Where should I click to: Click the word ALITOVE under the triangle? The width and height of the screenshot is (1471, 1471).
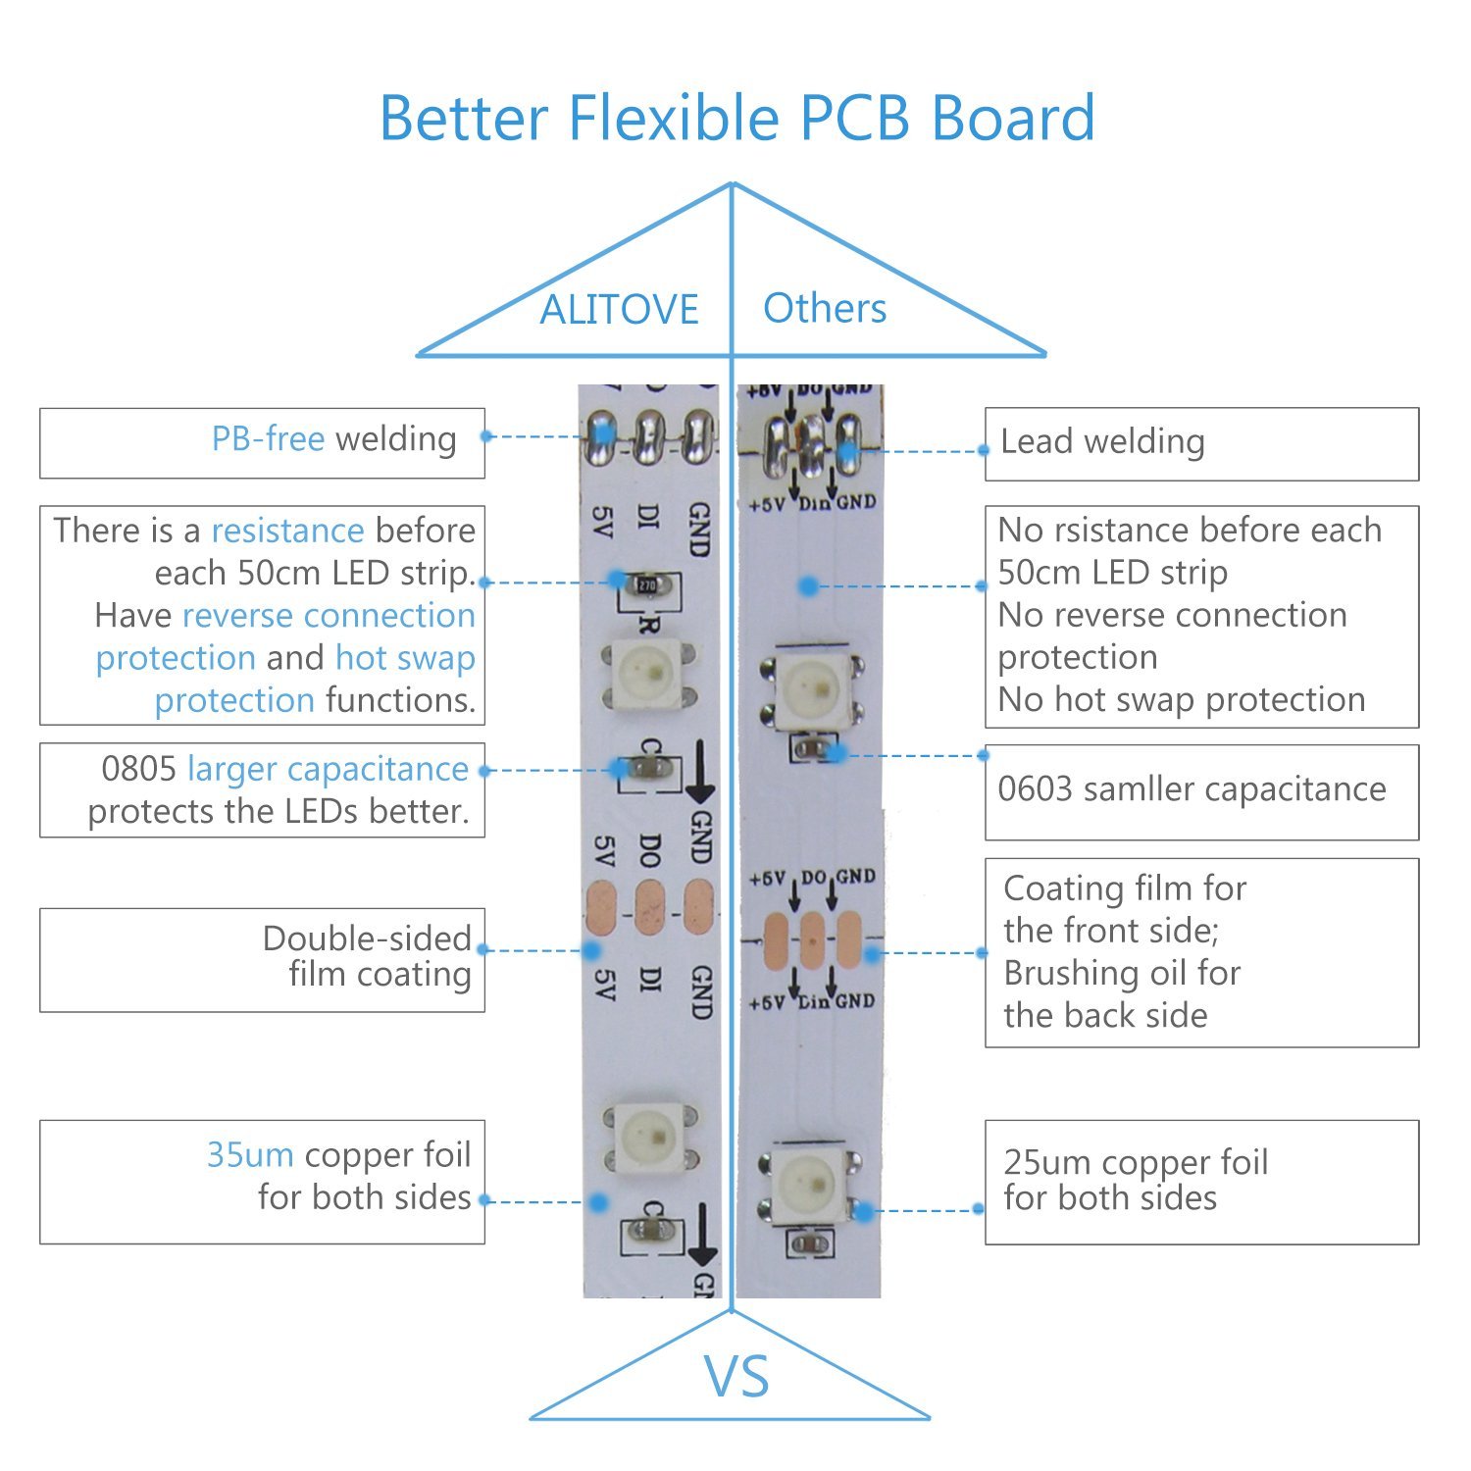[x=619, y=310]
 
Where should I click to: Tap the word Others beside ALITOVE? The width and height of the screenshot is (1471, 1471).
[x=825, y=308]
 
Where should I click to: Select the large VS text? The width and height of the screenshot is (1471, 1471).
[x=736, y=1376]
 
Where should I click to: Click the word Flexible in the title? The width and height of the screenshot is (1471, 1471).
[x=675, y=118]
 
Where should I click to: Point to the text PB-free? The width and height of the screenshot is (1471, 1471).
[x=268, y=438]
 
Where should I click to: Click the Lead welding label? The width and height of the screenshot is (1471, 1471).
[x=1102, y=441]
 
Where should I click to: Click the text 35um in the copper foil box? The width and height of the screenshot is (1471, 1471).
[x=250, y=1155]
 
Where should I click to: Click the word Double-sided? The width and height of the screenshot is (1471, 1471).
[x=367, y=938]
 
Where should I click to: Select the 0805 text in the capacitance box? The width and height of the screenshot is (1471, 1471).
[x=138, y=769]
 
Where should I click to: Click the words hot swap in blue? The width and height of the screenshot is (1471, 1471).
[x=405, y=658]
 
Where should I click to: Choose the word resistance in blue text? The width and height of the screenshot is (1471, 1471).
[x=288, y=531]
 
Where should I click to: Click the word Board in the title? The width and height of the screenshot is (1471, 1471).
[x=1012, y=118]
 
